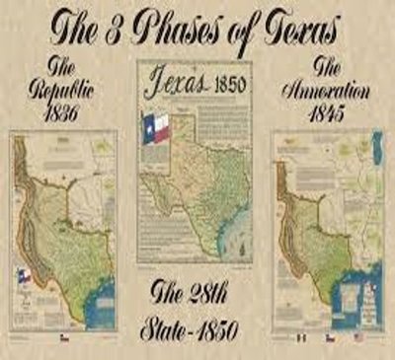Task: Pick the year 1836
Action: tap(64, 116)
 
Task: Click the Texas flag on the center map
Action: tap(156, 126)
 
